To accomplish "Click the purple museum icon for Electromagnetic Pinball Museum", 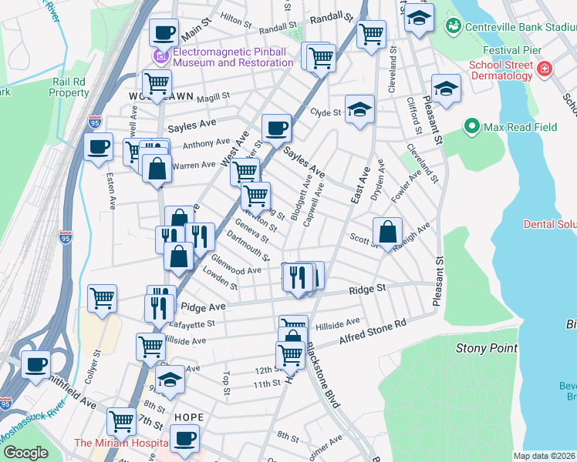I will pyautogui.click(x=160, y=56).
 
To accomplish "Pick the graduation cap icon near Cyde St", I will pyautogui.click(x=359, y=110).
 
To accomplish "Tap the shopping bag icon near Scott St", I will pyautogui.click(x=387, y=230).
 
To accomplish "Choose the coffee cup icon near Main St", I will pyautogui.click(x=164, y=32).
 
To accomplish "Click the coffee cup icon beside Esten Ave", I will pyautogui.click(x=99, y=146).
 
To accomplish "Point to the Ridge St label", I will pyautogui.click(x=367, y=289).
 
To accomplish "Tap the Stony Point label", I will pyautogui.click(x=486, y=348).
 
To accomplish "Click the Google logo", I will pyautogui.click(x=25, y=453).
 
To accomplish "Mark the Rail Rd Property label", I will pyautogui.click(x=69, y=87).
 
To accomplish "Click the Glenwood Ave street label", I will pyautogui.click(x=236, y=266).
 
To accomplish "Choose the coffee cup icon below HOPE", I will pyautogui.click(x=184, y=440).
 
